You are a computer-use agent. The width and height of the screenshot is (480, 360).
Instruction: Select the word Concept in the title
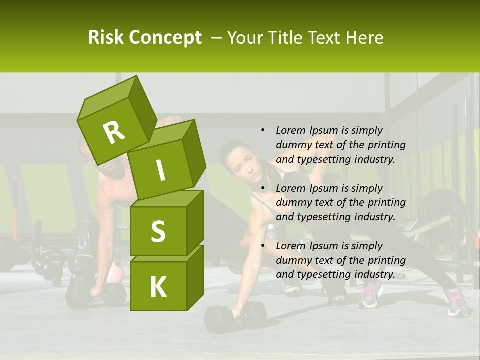[x=165, y=38]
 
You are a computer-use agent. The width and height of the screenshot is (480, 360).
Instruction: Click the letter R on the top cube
[x=114, y=132]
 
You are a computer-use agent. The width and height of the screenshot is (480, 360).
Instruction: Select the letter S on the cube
[x=158, y=231]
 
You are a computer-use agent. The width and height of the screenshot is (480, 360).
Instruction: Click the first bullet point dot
[x=263, y=130]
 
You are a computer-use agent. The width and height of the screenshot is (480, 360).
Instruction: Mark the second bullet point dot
[x=263, y=188]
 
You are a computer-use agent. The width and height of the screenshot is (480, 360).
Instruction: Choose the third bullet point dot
[x=263, y=246]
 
